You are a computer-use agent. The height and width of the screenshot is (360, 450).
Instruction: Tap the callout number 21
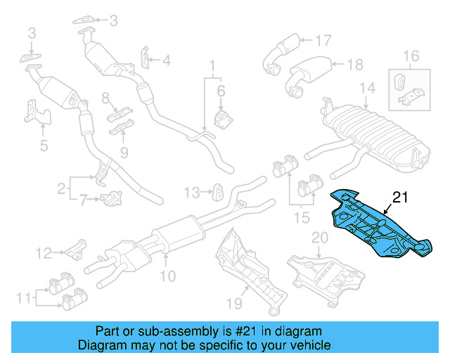pos(400,198)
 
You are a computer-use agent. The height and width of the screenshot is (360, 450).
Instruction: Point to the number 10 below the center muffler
pos(167,277)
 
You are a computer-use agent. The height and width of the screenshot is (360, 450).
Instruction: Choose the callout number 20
pos(320,238)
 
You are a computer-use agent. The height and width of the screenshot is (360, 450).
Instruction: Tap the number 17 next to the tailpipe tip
pos(322,40)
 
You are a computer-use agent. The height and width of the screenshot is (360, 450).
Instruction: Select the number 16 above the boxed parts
pos(411,55)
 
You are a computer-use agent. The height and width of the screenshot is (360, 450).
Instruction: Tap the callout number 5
pos(43,146)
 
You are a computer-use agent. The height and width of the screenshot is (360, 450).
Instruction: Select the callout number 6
pos(220,91)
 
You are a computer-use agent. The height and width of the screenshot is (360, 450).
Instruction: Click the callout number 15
pos(302,219)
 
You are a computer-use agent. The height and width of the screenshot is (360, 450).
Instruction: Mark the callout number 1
pos(210,67)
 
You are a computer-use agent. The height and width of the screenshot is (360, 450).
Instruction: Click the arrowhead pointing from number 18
pos(333,65)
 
